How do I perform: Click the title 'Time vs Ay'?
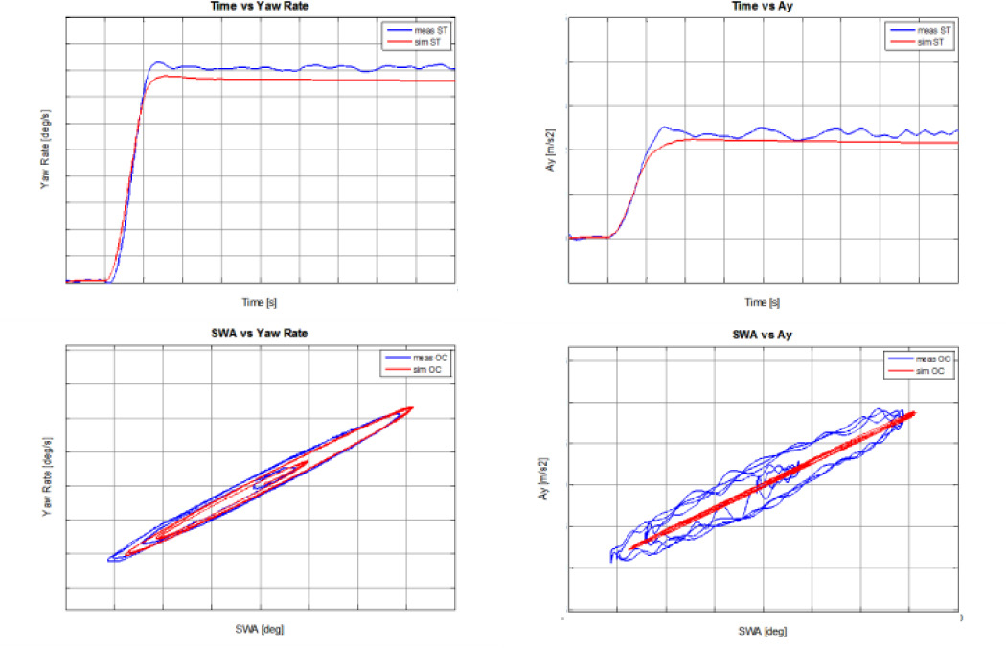[x=763, y=6]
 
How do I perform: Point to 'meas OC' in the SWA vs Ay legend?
[x=934, y=359]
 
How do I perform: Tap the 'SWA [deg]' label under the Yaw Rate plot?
[x=259, y=629]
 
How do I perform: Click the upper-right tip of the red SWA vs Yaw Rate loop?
[x=411, y=408]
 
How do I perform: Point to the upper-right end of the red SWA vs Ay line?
[x=915, y=413]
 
